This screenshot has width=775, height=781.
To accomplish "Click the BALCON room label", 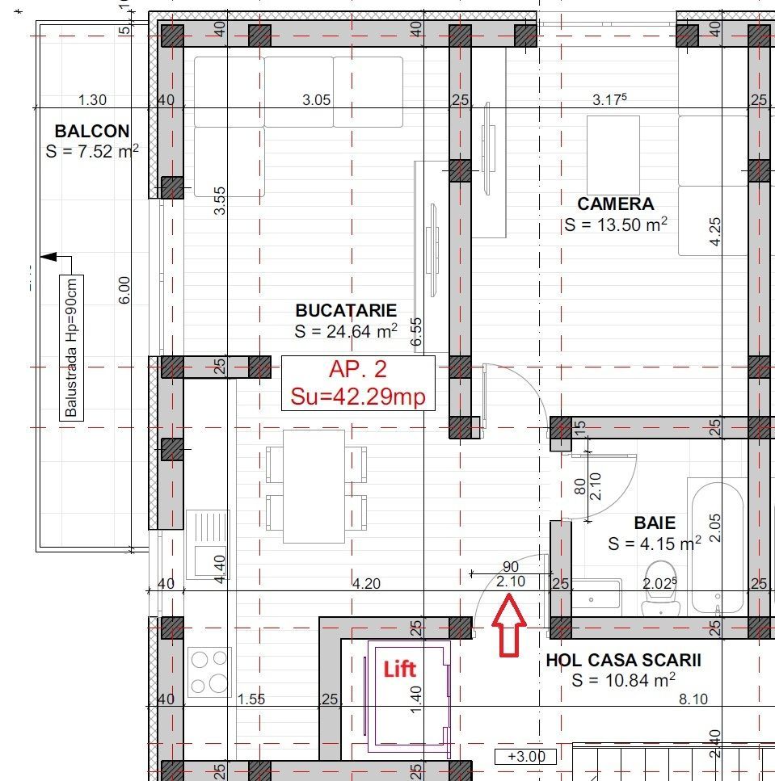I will [92, 131].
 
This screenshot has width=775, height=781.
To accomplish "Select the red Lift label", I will [399, 668].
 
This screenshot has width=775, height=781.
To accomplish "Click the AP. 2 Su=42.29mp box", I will [358, 384].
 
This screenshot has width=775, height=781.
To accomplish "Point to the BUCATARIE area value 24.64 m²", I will [346, 330].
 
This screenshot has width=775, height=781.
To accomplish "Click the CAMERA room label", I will [615, 204].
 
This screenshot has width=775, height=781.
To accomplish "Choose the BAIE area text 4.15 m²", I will [654, 544].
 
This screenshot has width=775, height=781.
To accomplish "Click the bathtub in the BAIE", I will [718, 545].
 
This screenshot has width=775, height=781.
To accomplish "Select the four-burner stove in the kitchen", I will [209, 672].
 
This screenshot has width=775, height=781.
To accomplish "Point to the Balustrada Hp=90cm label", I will [73, 347].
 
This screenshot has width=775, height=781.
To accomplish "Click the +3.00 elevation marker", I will [525, 757].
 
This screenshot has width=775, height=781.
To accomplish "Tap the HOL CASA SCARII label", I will [623, 660].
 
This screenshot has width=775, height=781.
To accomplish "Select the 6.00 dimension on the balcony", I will [124, 290].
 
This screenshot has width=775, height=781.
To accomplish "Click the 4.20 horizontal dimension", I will [365, 584].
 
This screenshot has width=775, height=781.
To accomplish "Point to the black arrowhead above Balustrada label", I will [48, 257].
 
